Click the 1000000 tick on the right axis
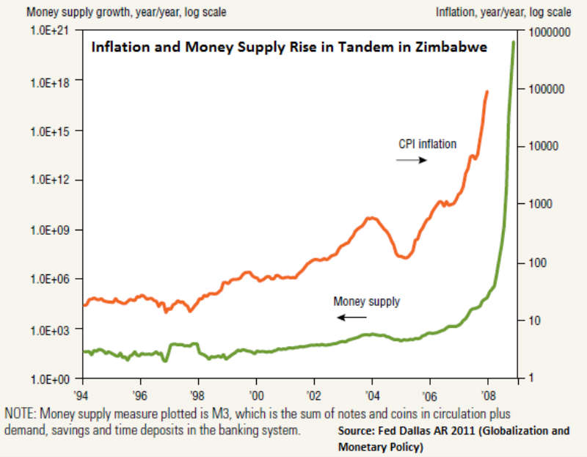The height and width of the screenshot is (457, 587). point(549,32)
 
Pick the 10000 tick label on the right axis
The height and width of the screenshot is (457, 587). point(544,147)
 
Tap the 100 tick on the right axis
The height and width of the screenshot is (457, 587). point(539,263)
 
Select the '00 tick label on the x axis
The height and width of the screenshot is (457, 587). point(256,392)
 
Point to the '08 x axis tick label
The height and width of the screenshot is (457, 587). point(486,392)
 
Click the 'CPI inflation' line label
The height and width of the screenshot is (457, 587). point(427,144)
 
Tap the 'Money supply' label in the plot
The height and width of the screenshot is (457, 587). point(367,301)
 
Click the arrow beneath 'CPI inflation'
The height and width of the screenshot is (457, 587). point(412,160)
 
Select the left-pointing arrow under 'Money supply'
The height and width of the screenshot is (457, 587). point(352,317)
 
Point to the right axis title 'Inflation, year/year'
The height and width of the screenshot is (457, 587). point(503,12)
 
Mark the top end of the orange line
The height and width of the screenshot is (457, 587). point(487,92)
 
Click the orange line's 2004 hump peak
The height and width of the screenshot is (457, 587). point(371,218)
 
